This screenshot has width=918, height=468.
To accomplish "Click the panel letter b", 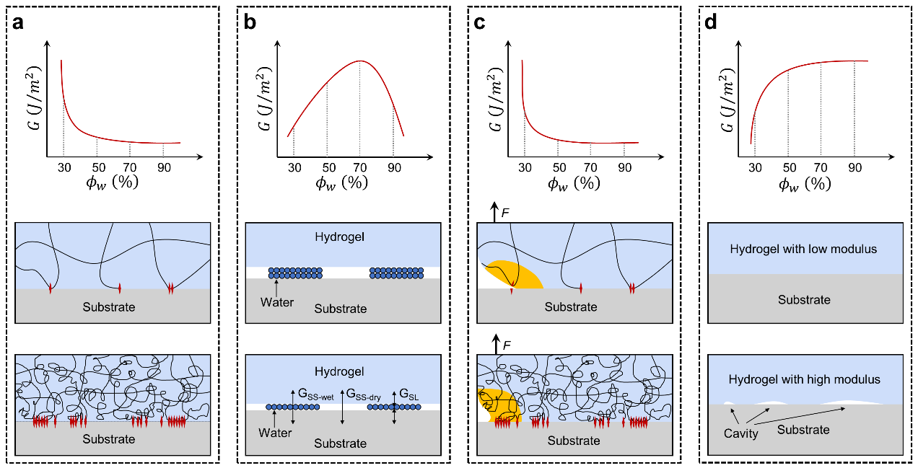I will point(250,22).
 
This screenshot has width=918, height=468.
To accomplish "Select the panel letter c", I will point(481,22).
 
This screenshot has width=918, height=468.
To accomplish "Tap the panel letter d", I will point(713,22).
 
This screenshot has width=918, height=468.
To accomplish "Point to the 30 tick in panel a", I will point(63,165).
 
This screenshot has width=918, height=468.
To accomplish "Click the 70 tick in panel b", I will point(361,165).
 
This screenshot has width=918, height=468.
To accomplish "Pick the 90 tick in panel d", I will point(854,165).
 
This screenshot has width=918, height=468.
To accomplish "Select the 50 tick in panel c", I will point(558,165).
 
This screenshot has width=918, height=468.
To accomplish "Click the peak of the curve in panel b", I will point(360,61).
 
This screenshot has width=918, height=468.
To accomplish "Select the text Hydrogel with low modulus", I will point(803,249).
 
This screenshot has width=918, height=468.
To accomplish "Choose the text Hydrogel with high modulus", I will point(804,379).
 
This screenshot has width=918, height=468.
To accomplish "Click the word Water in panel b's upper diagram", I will point(278,302).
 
